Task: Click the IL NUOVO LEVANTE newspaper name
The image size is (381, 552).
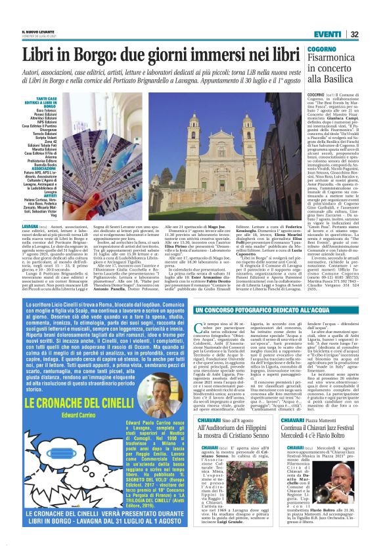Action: pos(35,31)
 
